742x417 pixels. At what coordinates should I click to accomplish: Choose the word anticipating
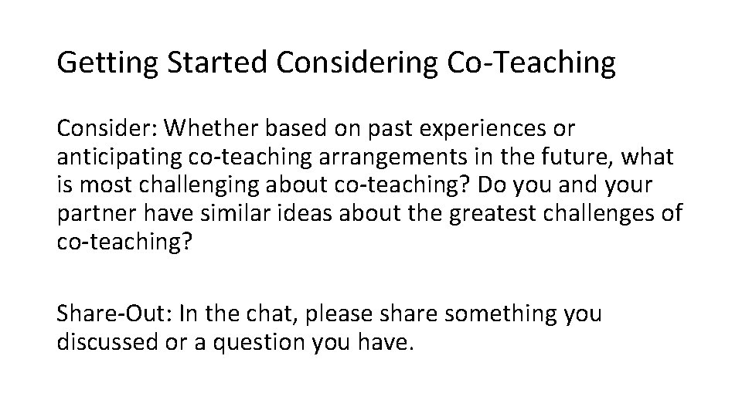click(x=118, y=158)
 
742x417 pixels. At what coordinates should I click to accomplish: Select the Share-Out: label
click(x=113, y=314)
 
